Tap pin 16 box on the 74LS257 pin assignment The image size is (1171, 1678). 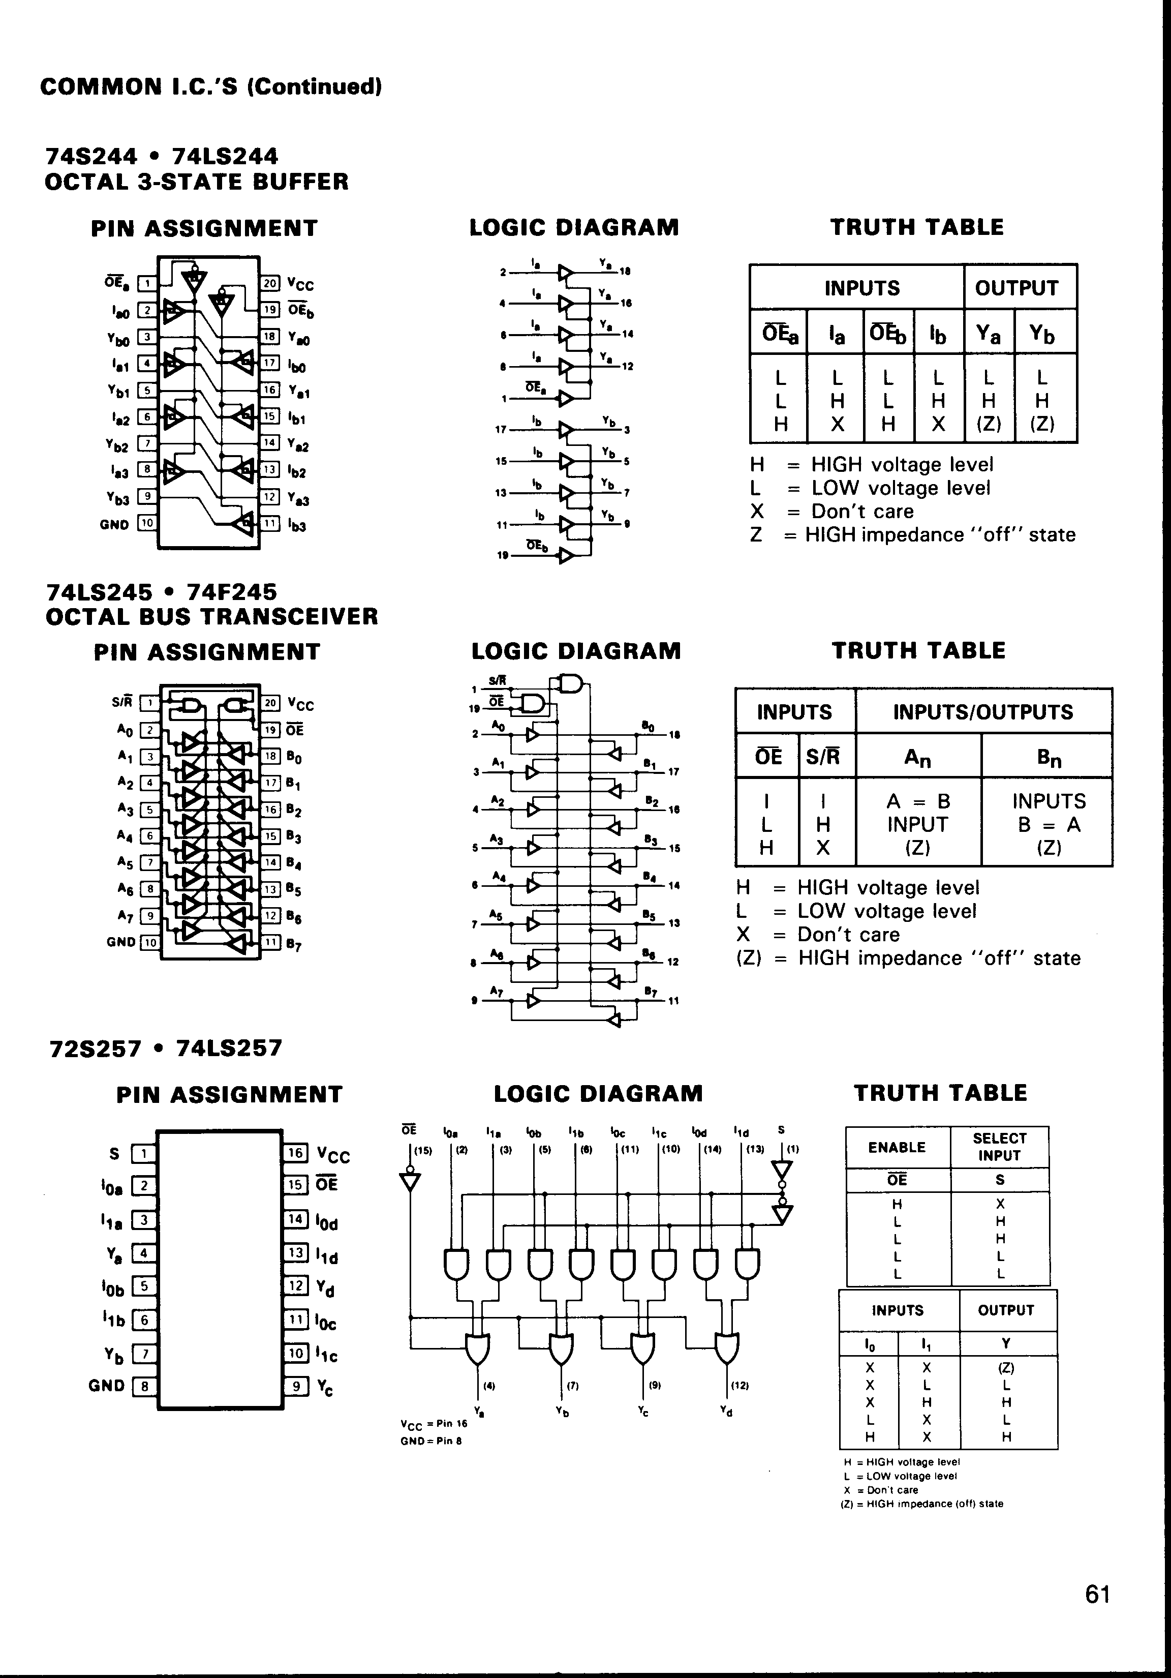coord(295,1153)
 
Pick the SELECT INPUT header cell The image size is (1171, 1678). coord(999,1147)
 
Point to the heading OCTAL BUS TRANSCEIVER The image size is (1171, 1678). coord(212,617)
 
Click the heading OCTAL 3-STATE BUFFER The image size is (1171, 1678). coord(197,182)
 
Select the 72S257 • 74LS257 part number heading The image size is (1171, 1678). coord(165,1048)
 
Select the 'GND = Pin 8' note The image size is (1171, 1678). coord(431,1441)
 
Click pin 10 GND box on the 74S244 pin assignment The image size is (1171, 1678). coord(147,523)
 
